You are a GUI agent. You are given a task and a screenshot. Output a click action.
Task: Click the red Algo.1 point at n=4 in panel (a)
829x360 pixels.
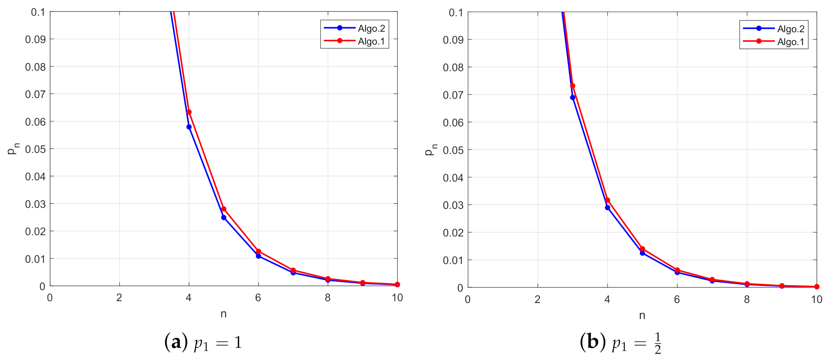pyautogui.click(x=189, y=112)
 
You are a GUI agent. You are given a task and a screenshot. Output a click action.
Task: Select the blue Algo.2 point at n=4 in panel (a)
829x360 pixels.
pyautogui.click(x=189, y=127)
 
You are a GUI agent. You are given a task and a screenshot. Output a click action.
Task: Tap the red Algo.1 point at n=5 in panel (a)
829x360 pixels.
pyautogui.click(x=224, y=209)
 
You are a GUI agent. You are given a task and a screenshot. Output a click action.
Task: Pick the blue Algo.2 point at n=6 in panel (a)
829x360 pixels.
pyautogui.click(x=258, y=256)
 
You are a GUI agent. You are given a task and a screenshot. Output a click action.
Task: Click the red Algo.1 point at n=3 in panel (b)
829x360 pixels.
pyautogui.click(x=573, y=86)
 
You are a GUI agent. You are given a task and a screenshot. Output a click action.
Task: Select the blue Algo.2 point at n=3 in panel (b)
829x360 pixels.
pyautogui.click(x=573, y=98)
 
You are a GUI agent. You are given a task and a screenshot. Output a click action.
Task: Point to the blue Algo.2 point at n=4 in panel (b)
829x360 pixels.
pyautogui.click(x=607, y=208)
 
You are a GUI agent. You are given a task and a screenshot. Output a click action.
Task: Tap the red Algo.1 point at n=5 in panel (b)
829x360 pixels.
pyautogui.click(x=642, y=249)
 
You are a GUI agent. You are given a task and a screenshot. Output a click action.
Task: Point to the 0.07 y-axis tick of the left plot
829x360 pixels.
pyautogui.click(x=35, y=94)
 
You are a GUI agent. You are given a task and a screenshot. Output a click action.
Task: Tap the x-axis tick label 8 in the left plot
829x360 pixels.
pyautogui.click(x=328, y=298)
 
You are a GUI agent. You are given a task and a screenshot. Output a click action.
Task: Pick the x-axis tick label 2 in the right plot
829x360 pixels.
pyautogui.click(x=537, y=300)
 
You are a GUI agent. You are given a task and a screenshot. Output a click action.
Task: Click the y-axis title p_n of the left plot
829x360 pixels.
pyautogui.click(x=13, y=149)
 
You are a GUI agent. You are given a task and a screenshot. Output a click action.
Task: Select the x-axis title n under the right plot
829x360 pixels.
pyautogui.click(x=642, y=316)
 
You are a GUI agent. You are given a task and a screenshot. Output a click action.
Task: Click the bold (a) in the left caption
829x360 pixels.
pyautogui.click(x=176, y=342)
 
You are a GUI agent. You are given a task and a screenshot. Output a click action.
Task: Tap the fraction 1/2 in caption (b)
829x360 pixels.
pyautogui.click(x=658, y=343)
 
